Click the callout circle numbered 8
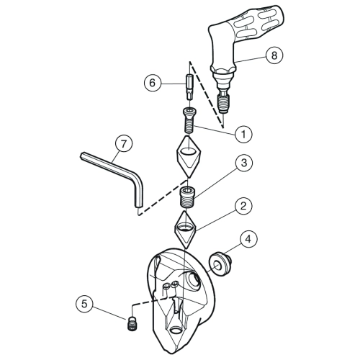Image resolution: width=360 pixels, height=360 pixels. click(x=274, y=55)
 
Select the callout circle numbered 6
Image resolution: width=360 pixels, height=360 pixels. click(x=153, y=83)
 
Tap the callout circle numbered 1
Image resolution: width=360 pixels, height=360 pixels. click(x=243, y=134)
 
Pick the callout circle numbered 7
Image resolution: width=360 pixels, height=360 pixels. click(x=123, y=144)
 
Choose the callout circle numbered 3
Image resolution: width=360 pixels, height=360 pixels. click(x=243, y=163)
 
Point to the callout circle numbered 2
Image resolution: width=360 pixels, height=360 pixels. click(x=243, y=206)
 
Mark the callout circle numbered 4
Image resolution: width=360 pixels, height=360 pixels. click(x=248, y=239)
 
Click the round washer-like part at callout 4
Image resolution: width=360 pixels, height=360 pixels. click(x=219, y=264)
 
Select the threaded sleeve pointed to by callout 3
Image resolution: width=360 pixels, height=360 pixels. click(x=188, y=198)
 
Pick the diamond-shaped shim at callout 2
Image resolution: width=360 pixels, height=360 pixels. click(x=186, y=229)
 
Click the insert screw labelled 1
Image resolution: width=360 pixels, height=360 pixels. click(x=189, y=120)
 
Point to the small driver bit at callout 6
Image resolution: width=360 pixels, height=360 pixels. click(x=189, y=87)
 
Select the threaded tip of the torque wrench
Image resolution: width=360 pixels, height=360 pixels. click(x=223, y=104)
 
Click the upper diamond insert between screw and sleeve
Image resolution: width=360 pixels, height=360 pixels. click(x=189, y=156)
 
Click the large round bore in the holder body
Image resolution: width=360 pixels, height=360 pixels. click(x=193, y=279)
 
